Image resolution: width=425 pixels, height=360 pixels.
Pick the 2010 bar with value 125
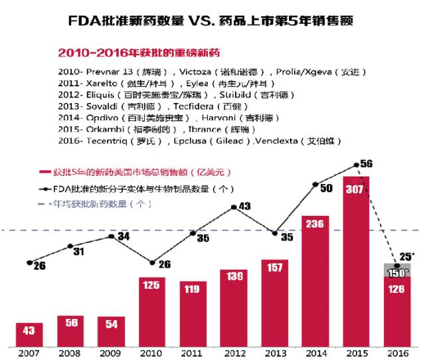pyautogui.click(x=151, y=312)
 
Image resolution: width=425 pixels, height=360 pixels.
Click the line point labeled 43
pyautogui.click(x=234, y=207)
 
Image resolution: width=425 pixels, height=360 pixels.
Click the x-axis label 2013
pyautogui.click(x=275, y=353)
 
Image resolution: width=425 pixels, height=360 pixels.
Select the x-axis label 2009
pyautogui.click(x=111, y=353)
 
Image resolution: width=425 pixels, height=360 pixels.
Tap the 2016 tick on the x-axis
pyautogui.click(x=397, y=353)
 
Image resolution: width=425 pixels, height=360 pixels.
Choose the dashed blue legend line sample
pyautogui.click(x=45, y=204)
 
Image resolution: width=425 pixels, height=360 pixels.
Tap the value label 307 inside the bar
pyautogui.click(x=356, y=188)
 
